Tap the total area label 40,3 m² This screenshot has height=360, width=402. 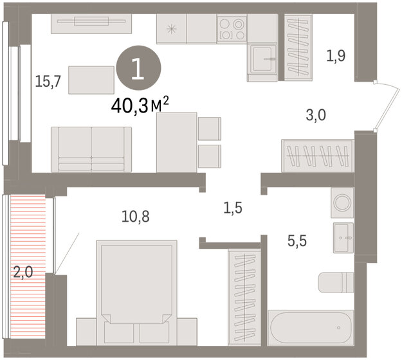coord(132,105)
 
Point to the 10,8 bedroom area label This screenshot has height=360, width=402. coord(136,217)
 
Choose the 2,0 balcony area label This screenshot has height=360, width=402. coord(23,273)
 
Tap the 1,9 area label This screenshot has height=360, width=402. coord(336,56)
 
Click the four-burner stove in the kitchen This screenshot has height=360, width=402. coord(232,28)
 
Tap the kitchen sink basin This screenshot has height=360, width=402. coord(263,61)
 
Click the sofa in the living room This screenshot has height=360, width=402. coord(91,148)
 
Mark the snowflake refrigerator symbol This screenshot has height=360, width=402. coord(171,28)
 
